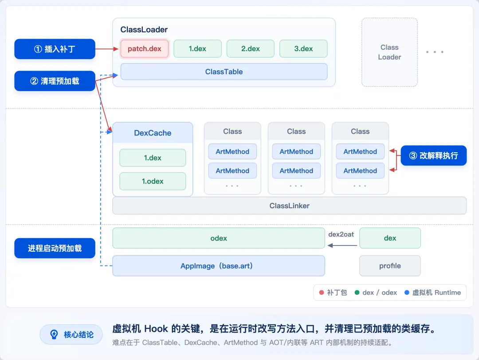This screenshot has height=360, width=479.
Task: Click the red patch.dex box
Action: click(145, 49)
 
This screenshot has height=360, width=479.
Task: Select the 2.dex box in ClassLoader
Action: click(251, 49)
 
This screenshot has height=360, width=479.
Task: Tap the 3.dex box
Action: click(303, 49)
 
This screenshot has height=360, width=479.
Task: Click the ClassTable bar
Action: click(224, 71)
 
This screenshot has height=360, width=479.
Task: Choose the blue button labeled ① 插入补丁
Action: click(55, 49)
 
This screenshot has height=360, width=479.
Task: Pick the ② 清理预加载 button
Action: click(55, 81)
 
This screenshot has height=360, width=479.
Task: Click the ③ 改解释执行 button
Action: click(433, 156)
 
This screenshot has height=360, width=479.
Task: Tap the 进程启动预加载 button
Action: click(55, 248)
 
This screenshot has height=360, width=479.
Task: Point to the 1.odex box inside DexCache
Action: click(153, 182)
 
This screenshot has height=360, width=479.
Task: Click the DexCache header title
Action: click(153, 133)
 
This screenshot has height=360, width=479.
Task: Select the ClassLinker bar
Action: click(289, 206)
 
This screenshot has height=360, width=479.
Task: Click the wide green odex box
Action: click(219, 238)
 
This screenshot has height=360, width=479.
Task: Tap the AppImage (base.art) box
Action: click(219, 266)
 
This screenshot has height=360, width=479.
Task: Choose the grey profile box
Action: click(390, 266)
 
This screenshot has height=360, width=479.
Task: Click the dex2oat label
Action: click(341, 234)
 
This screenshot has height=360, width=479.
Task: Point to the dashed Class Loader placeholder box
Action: click(389, 52)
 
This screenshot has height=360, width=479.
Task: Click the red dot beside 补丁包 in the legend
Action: click(322, 293)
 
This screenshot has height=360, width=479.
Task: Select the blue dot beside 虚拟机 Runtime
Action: click(407, 293)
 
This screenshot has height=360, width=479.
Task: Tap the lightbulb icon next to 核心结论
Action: click(54, 334)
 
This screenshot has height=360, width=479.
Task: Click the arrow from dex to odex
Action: click(342, 245)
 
